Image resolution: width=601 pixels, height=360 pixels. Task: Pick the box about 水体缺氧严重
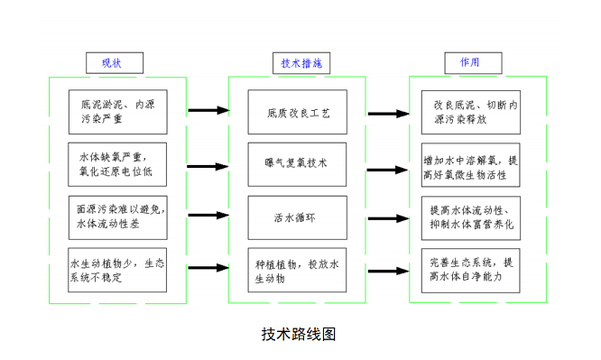click(x=117, y=162)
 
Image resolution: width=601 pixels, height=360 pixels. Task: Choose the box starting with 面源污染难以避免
click(x=117, y=217)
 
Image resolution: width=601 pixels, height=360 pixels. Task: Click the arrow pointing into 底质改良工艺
click(x=210, y=112)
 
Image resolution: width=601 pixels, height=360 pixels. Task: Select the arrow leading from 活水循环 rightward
click(x=389, y=217)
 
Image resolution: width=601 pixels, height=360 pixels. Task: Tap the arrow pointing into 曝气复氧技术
click(x=210, y=163)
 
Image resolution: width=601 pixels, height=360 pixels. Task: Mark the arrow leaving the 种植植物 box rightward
click(x=389, y=269)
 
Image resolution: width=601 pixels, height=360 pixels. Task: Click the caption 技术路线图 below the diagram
click(x=298, y=333)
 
